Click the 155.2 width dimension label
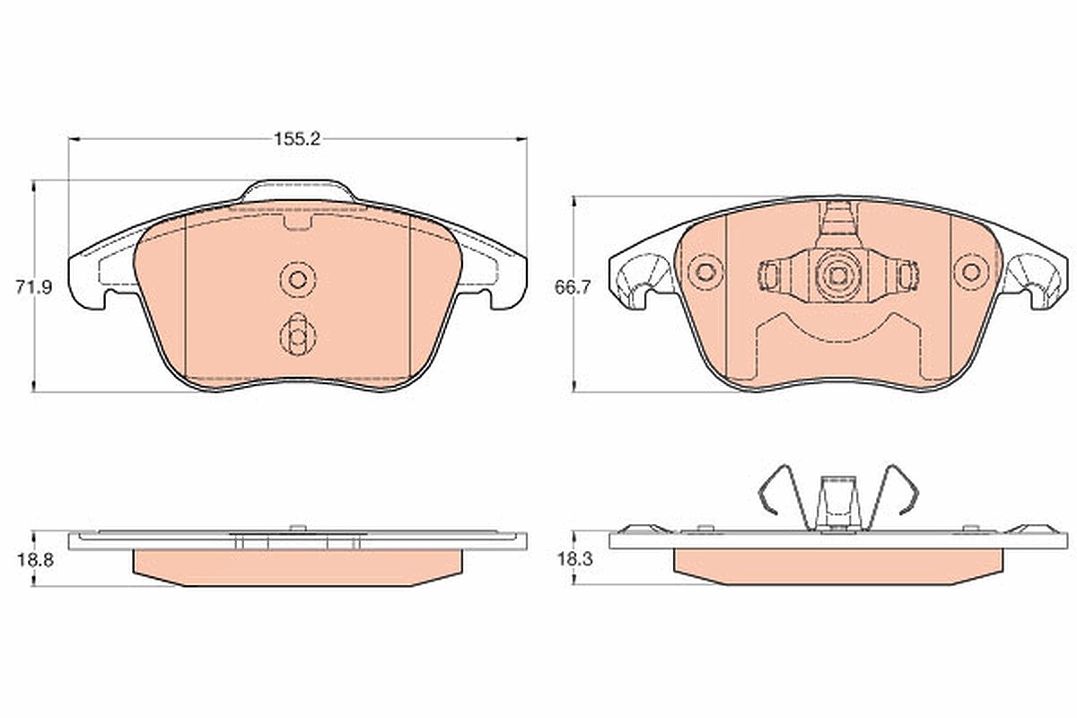[297, 139]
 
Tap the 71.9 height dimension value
[34, 287]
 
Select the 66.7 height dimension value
[573, 287]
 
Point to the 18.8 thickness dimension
[35, 560]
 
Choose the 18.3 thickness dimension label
[575, 559]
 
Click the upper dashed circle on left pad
[298, 279]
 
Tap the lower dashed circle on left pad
[298, 335]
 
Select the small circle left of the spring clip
[705, 272]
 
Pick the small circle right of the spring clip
[972, 272]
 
